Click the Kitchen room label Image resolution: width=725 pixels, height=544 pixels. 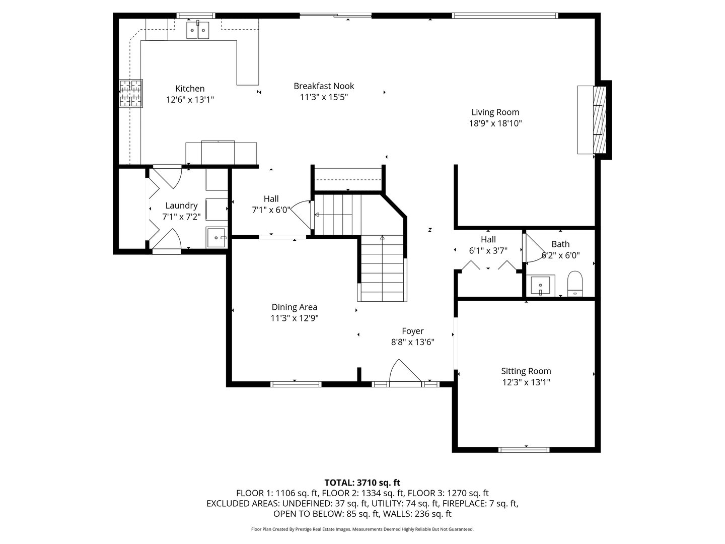(190, 89)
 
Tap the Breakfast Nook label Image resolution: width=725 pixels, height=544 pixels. (324, 86)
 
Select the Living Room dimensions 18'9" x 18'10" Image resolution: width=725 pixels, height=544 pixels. (495, 123)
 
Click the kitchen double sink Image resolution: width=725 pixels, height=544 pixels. (197, 30)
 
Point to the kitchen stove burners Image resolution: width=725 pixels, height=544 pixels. (131, 94)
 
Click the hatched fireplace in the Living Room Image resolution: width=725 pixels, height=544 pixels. (600, 120)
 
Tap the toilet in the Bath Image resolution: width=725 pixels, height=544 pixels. (575, 284)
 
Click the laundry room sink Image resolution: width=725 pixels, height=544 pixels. (216, 237)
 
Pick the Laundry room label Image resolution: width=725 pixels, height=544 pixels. (181, 206)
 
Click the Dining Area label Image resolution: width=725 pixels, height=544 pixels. (295, 307)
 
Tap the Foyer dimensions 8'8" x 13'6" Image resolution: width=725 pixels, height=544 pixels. (412, 342)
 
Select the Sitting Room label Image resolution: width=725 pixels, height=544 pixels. (526, 371)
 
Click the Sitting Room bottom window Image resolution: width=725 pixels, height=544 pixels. (524, 450)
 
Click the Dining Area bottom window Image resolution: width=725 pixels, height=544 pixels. (296, 384)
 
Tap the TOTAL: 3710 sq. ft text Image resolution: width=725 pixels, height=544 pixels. (362, 483)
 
